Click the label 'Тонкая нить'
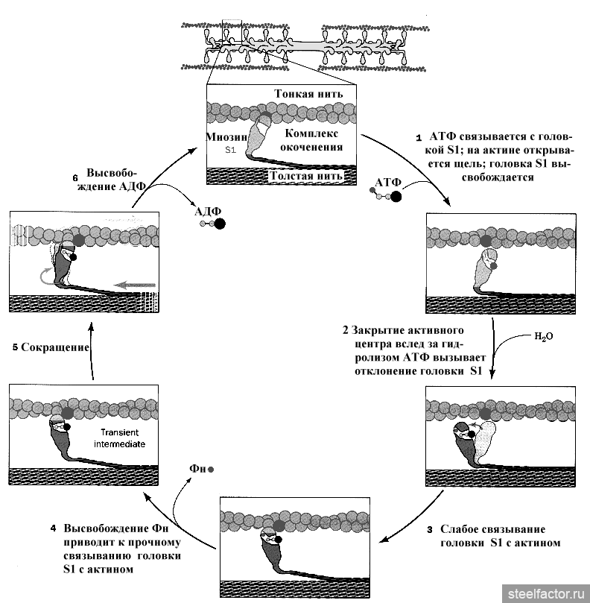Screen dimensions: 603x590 click(x=308, y=95)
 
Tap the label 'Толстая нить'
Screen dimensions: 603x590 click(x=307, y=177)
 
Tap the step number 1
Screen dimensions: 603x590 click(x=419, y=137)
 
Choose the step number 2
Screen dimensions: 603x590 click(x=345, y=329)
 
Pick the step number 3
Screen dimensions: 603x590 click(x=430, y=529)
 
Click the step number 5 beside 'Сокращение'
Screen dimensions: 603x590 click(x=15, y=347)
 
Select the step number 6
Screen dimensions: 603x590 click(x=75, y=178)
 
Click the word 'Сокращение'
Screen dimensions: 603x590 click(x=56, y=347)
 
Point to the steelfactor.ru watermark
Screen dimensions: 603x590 click(x=544, y=593)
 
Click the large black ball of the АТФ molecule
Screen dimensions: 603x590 click(x=396, y=197)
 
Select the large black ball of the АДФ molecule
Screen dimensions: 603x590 click(x=220, y=223)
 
